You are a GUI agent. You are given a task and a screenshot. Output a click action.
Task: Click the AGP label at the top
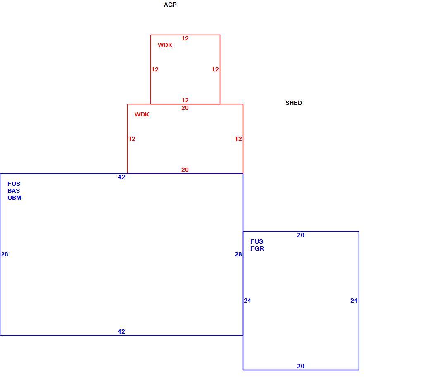(170, 5)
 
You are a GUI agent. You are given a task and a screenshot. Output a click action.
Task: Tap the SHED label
(294, 103)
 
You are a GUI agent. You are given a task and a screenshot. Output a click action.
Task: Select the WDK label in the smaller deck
(165, 45)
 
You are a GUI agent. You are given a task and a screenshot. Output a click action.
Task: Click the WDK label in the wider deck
(142, 114)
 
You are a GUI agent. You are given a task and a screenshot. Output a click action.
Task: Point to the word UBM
(14, 198)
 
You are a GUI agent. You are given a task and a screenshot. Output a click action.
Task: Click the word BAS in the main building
(14, 191)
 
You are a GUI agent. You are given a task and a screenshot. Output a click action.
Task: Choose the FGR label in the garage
(257, 248)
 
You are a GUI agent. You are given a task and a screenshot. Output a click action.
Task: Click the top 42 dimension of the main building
(121, 177)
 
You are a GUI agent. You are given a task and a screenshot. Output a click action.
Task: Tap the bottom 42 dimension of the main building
(121, 331)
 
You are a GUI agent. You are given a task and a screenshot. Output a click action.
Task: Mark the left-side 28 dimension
(5, 254)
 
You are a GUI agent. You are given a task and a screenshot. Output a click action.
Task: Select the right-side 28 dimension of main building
(238, 254)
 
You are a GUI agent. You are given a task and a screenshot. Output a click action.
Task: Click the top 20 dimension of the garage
(301, 235)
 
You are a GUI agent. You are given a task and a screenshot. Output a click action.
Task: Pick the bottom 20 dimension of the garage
(301, 366)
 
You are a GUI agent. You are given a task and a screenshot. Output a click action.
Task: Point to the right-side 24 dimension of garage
(354, 301)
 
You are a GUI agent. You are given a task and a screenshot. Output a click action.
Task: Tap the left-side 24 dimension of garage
(247, 301)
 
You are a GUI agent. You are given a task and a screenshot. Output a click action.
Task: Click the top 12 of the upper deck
(185, 38)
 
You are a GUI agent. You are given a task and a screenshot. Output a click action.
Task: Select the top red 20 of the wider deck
(185, 108)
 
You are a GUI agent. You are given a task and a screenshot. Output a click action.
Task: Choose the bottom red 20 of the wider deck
(185, 170)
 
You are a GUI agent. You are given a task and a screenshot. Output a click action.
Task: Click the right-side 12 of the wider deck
(238, 139)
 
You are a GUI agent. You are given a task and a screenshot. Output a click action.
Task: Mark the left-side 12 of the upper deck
(155, 69)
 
